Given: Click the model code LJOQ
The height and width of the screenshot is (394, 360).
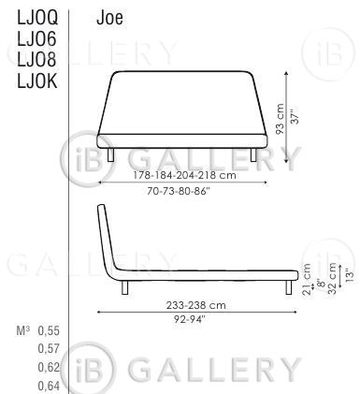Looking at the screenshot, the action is tap(37, 18).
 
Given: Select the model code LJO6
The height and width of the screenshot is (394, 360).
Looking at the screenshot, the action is tap(36, 38).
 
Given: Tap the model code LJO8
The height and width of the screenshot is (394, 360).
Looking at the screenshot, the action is tap(36, 59).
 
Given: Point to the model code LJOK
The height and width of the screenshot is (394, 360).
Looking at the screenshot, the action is tap(37, 81).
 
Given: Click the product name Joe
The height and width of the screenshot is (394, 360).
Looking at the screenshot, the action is tap(109, 18).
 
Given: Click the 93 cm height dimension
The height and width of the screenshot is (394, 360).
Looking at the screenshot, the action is tap(280, 119).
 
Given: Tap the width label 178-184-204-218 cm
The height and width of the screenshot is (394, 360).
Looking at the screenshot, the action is tap(184, 175).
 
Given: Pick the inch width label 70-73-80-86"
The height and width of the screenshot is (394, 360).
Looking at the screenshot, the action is tap(178, 191).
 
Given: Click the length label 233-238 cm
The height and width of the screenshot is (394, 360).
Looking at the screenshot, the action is tap(195, 305).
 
